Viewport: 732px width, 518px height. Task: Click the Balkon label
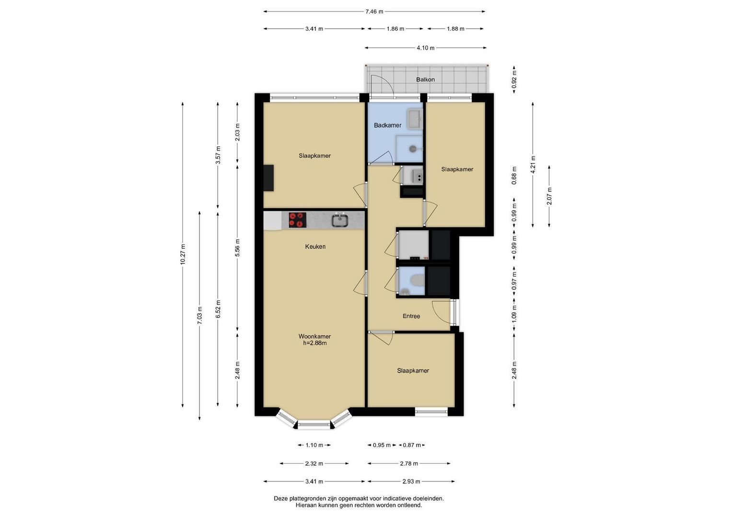425,80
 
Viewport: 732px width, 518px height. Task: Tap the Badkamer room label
387,125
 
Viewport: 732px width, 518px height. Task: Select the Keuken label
315,247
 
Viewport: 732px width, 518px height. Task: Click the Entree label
411,316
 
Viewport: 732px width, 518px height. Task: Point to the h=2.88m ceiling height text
315,343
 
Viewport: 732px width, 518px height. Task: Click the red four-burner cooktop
297,220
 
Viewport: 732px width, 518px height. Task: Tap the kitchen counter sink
340,220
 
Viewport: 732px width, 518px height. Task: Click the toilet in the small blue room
418,280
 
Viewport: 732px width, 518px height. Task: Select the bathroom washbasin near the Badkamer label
415,119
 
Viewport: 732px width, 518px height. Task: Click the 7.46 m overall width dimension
374,12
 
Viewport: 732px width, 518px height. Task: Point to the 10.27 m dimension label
183,254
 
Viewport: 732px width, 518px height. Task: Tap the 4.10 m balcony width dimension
426,48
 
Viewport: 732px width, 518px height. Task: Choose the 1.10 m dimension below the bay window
314,445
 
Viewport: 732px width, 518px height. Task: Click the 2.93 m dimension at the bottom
411,482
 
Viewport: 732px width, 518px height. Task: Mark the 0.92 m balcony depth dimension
514,80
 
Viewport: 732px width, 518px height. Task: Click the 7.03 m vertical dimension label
200,316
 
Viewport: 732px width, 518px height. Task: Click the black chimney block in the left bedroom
268,178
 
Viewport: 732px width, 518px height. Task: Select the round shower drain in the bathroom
413,149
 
